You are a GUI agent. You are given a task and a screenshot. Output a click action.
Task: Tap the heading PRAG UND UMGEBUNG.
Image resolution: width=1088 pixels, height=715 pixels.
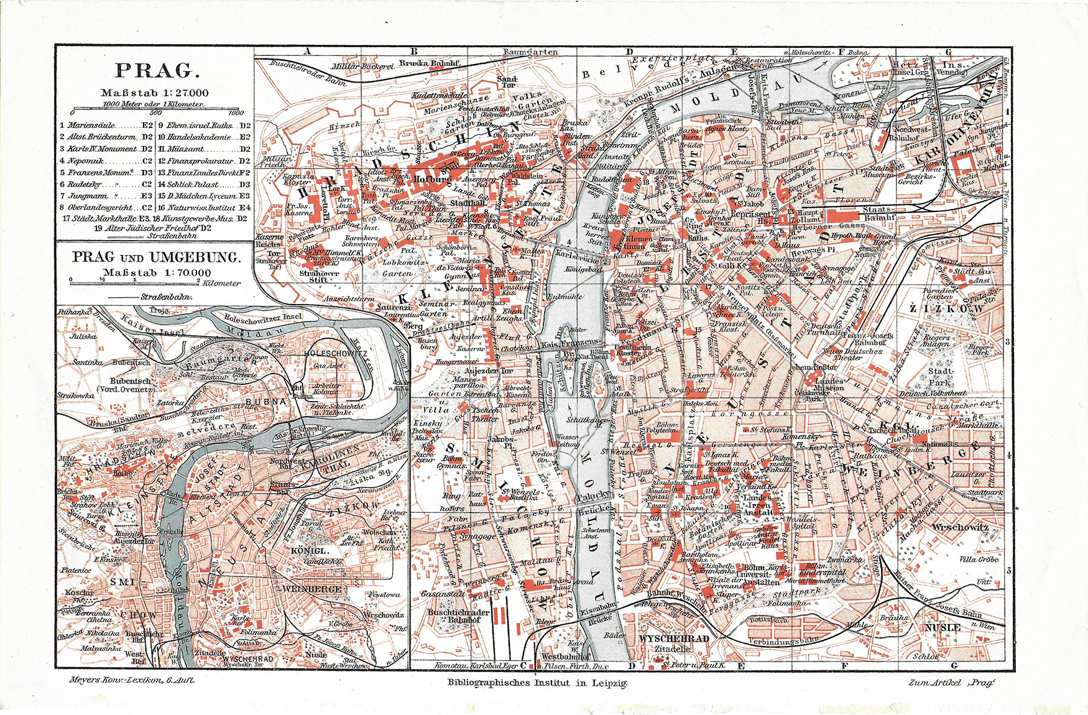click(x=156, y=257)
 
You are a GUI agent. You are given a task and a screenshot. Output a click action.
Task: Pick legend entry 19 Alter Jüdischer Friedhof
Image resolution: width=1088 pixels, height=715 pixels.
click(x=155, y=228)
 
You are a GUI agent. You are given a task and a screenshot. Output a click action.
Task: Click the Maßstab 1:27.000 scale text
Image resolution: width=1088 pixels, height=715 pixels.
click(x=155, y=93)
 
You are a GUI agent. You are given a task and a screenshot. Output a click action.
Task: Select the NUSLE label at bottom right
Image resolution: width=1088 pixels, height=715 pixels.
click(x=943, y=627)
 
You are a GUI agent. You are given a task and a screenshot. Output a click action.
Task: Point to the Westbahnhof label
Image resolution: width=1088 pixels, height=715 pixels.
click(x=566, y=655)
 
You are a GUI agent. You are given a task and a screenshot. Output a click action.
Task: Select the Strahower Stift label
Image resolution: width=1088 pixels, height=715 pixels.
click(x=319, y=276)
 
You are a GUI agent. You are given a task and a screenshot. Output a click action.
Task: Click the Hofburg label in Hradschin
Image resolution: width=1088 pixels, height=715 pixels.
click(x=431, y=179)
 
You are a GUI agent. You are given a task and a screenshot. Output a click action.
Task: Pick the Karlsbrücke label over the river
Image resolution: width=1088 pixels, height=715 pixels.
click(x=576, y=255)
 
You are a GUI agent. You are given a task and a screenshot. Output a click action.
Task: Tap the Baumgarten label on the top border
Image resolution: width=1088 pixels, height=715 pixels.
click(x=530, y=52)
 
